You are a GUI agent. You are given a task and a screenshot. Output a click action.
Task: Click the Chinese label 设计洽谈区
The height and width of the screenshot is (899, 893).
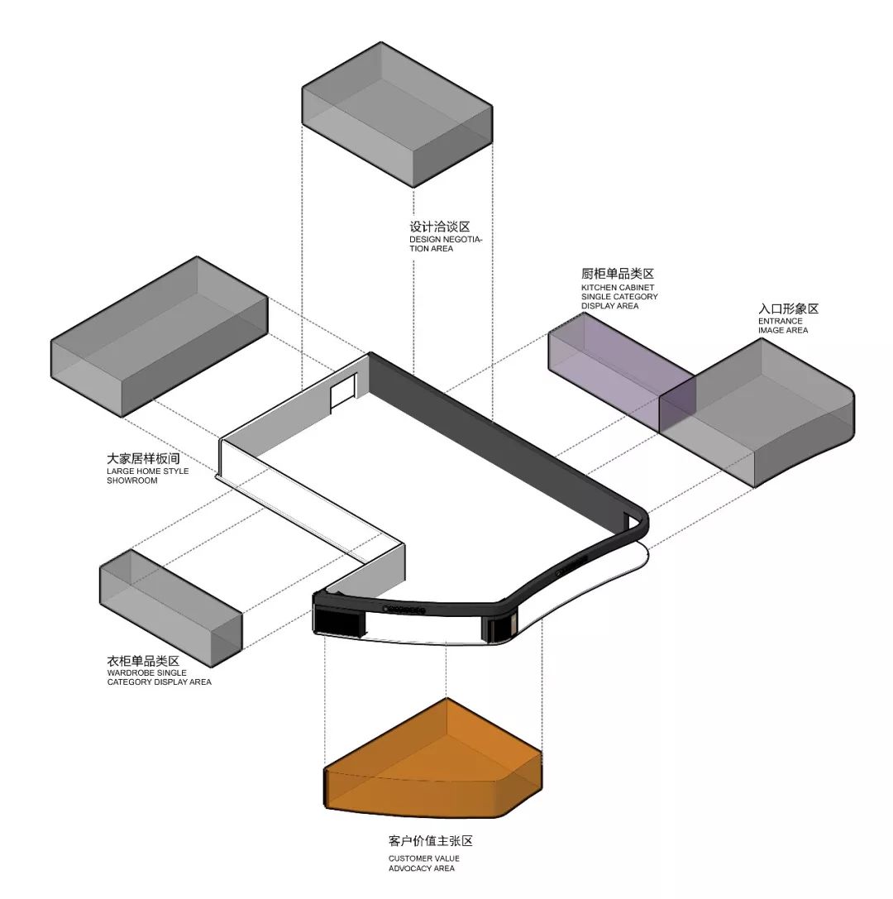click(x=440, y=227)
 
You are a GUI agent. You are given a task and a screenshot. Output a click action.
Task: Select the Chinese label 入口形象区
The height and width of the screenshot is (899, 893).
click(x=788, y=308)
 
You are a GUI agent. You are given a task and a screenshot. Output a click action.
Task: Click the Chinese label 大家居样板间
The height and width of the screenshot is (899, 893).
click(x=143, y=459)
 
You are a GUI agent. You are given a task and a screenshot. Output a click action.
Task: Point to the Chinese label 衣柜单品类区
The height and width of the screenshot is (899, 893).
click(x=143, y=661)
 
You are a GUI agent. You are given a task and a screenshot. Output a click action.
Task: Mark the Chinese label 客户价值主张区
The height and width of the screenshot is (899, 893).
click(x=430, y=841)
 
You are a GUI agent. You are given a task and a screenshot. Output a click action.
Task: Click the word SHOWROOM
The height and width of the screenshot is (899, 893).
click(x=131, y=481)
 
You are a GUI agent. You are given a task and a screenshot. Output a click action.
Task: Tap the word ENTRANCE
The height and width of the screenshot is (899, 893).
click(x=781, y=321)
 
